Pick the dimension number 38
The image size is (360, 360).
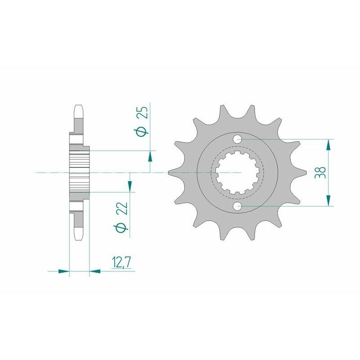pos(320,173)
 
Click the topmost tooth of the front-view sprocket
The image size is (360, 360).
pos(222,111)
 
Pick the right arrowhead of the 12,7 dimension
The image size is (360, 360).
pos(95,271)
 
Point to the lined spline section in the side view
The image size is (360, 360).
pos(80,173)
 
